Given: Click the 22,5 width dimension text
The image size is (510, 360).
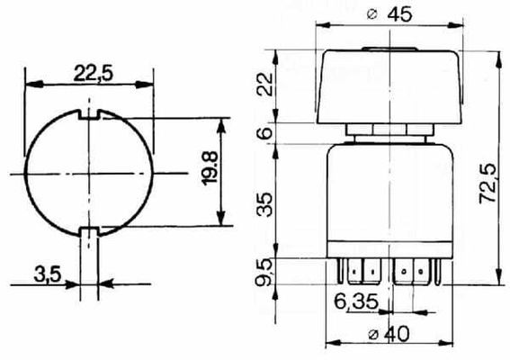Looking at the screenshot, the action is (x=94, y=73).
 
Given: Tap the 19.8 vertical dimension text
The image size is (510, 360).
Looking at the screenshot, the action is (x=210, y=168).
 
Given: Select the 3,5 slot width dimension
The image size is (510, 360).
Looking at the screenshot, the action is (x=48, y=274).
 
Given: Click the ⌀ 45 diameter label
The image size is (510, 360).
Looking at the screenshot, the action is (x=389, y=14).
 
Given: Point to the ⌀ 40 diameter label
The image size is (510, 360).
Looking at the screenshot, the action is (x=389, y=334).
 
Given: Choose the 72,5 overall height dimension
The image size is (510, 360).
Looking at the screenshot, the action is (x=488, y=184).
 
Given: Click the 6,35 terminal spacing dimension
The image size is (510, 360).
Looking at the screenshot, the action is (x=356, y=301).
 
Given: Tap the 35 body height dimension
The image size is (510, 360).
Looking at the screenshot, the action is (x=264, y=204).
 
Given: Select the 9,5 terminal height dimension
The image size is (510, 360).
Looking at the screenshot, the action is (x=264, y=272).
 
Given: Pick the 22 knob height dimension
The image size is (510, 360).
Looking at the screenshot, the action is (x=264, y=84).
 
